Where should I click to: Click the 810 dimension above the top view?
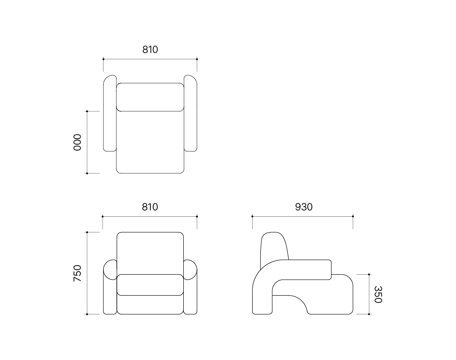[150, 50]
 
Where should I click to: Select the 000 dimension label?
[78, 142]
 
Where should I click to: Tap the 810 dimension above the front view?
[150, 207]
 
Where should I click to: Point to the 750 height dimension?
[78, 273]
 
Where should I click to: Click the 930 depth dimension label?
[304, 207]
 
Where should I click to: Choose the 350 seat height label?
[378, 294]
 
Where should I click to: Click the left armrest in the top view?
[110, 113]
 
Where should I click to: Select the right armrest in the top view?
[191, 113]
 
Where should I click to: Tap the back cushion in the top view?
[150, 97]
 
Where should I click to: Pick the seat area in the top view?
[150, 142]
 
